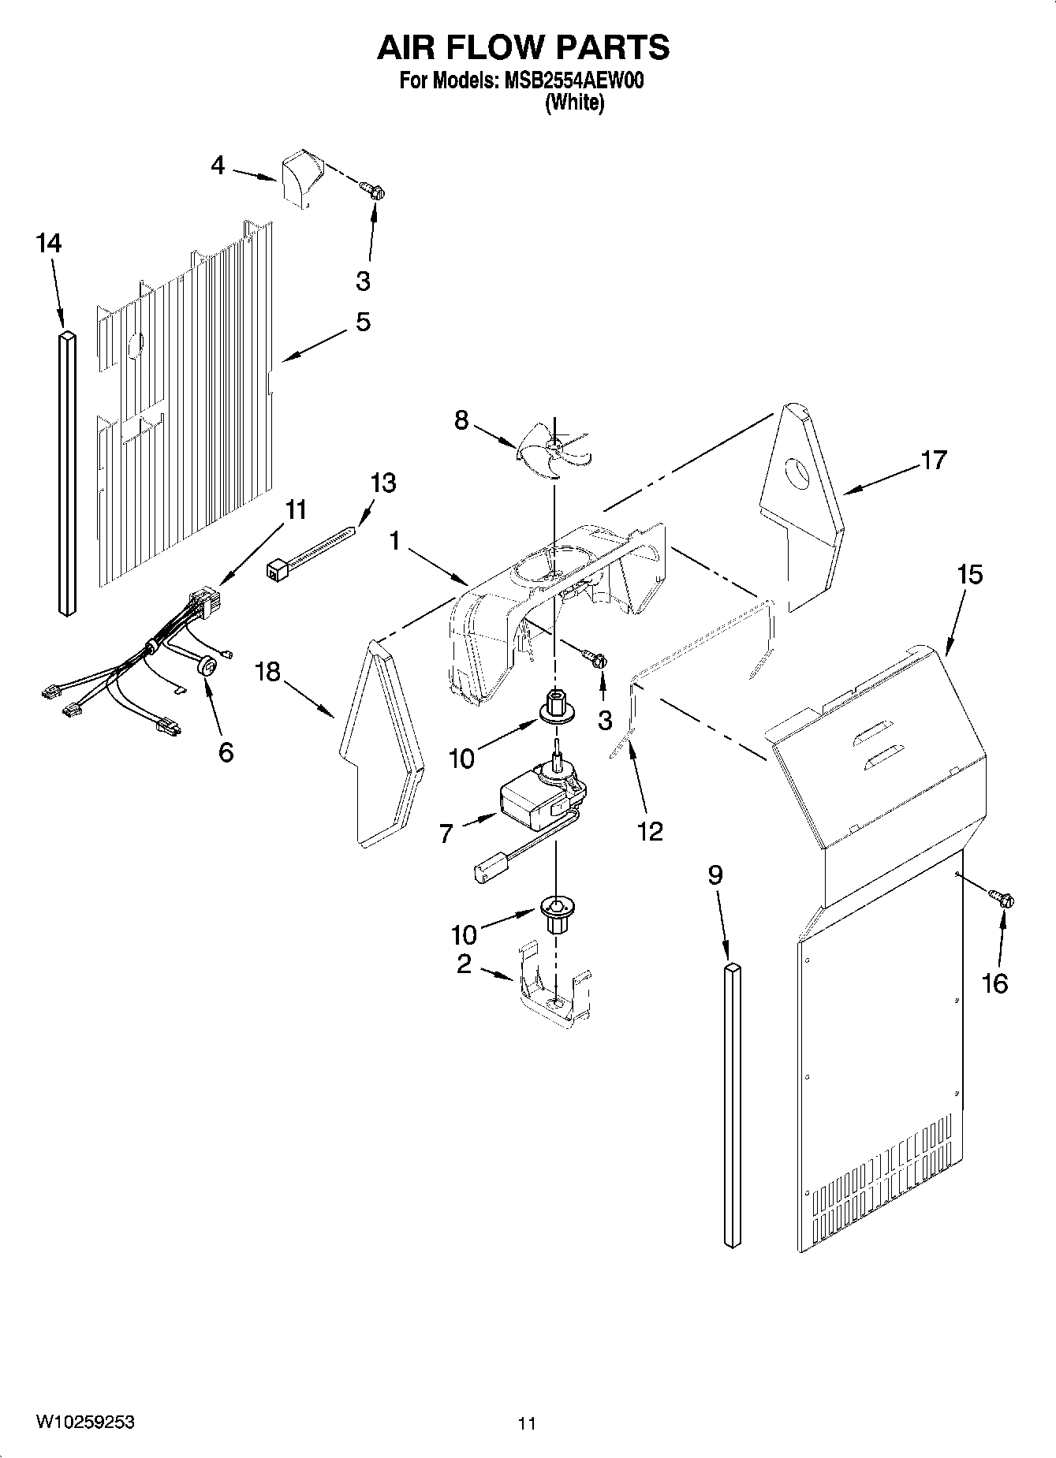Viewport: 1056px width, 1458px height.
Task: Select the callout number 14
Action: (x=48, y=244)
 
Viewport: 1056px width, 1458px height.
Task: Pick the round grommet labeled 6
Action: (x=208, y=667)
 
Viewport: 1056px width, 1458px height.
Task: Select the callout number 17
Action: (x=933, y=460)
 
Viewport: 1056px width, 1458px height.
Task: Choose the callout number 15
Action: (x=969, y=575)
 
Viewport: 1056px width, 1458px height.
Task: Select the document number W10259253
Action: (x=84, y=1422)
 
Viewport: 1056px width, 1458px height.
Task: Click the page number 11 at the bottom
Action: (x=527, y=1423)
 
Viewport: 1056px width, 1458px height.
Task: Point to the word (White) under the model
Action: (x=574, y=103)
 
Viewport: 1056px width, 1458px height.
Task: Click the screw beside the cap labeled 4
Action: (x=372, y=189)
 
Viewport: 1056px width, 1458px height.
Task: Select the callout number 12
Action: (x=650, y=830)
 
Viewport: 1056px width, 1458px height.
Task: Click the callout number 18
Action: (x=268, y=672)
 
